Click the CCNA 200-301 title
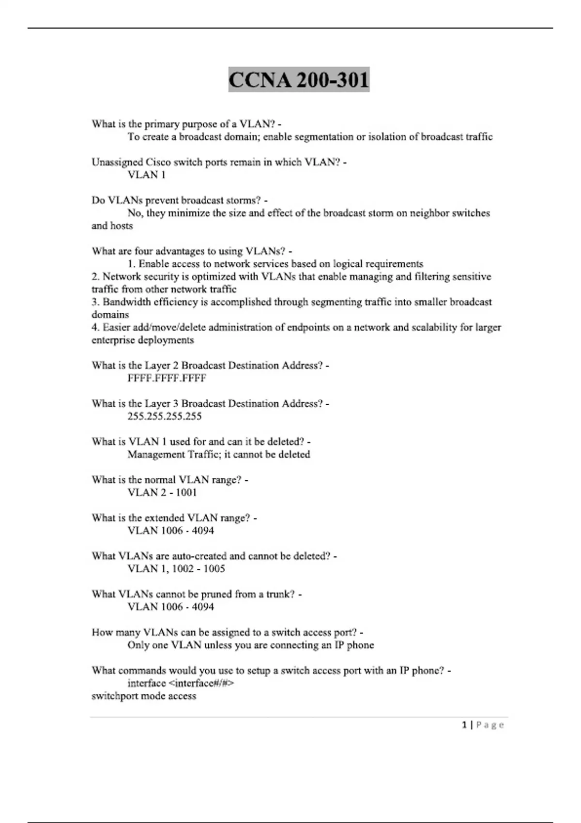point(299,80)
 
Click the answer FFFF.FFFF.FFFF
point(167,378)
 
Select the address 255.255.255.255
point(165,416)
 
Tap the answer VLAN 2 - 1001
point(162,492)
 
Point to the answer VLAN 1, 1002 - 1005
point(176,569)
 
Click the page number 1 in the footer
point(465,725)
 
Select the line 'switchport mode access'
point(144,696)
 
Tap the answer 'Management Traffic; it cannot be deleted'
point(219,455)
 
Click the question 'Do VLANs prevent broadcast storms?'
point(179,200)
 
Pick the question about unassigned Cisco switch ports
point(219,162)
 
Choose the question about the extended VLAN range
point(174,518)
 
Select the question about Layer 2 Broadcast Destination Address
point(210,366)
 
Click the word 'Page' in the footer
point(490,725)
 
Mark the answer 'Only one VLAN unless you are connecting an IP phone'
point(251,645)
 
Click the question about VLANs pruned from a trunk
point(197,594)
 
